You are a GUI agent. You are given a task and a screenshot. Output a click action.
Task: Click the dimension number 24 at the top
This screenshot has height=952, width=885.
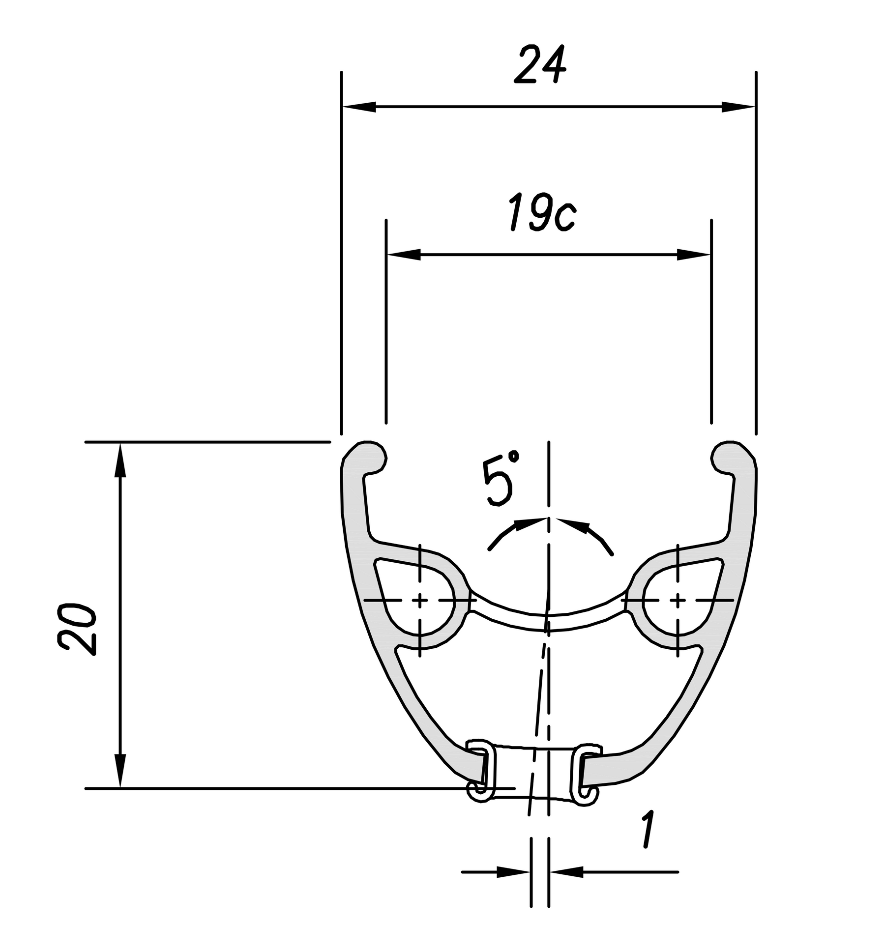coord(539,64)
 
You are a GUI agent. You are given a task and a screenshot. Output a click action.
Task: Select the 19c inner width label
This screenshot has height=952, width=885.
coord(541,212)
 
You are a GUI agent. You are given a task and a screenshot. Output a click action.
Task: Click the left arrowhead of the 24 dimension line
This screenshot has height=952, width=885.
coord(359,106)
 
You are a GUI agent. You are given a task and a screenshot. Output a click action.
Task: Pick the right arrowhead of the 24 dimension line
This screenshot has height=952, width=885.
coord(738,106)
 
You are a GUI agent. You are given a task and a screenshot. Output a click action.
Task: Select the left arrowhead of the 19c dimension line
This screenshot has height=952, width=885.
coord(404,255)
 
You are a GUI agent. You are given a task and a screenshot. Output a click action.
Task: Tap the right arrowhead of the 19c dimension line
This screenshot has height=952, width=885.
coord(694,255)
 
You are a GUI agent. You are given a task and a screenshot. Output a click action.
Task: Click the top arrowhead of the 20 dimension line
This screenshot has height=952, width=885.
coord(120,460)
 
